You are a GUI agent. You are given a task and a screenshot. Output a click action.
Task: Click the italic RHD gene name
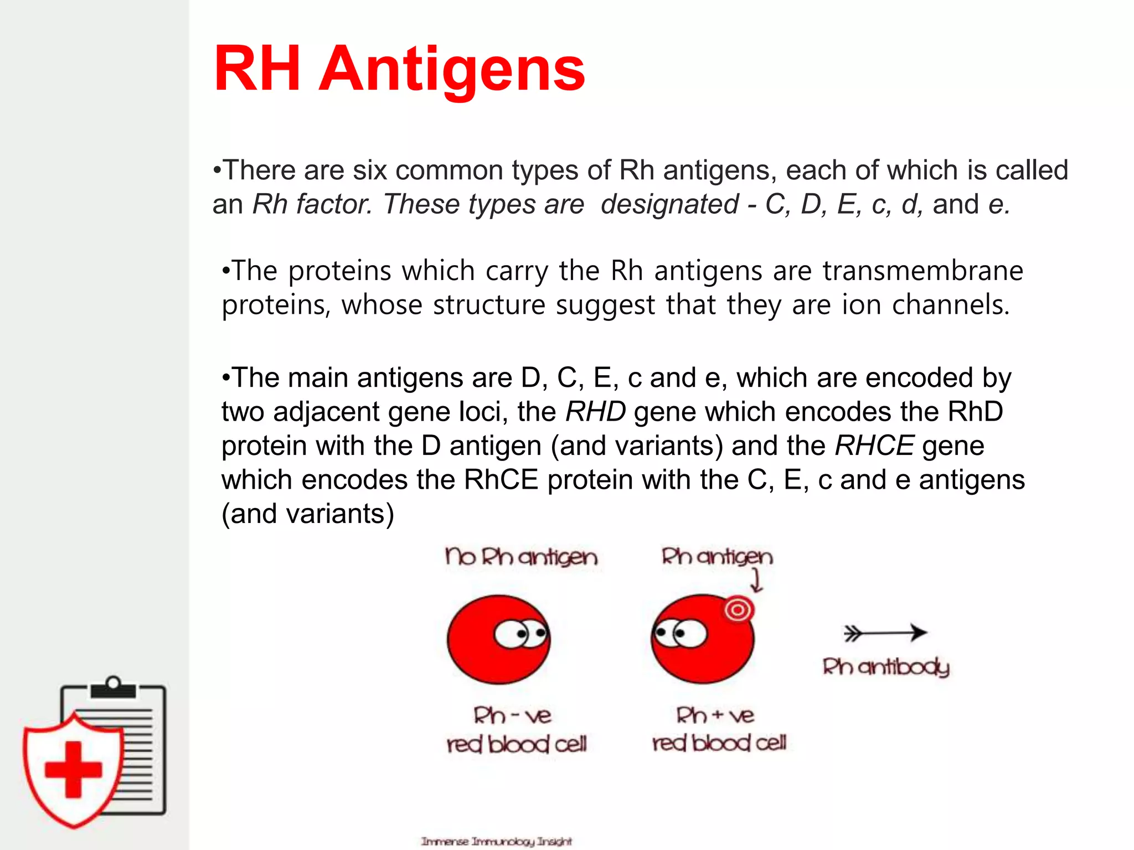point(595,412)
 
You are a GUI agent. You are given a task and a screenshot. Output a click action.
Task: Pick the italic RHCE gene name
point(874,446)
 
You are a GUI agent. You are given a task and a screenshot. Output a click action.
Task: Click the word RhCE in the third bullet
point(501,480)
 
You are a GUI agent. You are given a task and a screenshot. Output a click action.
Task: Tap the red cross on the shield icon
point(74,770)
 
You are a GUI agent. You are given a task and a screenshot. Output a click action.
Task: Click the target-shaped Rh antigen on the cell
point(738,610)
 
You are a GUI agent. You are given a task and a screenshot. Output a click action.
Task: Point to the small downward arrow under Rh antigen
point(756,581)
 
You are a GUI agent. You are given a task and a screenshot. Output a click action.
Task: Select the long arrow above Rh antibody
point(884,633)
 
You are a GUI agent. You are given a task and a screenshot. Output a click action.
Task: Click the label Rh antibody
point(885,667)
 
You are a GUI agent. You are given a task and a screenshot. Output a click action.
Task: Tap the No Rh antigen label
point(521,557)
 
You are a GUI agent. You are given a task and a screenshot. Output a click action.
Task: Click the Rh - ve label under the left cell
point(512,716)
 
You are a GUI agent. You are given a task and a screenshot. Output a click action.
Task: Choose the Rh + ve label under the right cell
point(715,716)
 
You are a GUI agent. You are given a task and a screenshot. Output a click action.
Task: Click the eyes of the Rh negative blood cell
point(521,634)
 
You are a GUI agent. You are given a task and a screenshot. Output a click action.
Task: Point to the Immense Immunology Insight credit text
point(496,841)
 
